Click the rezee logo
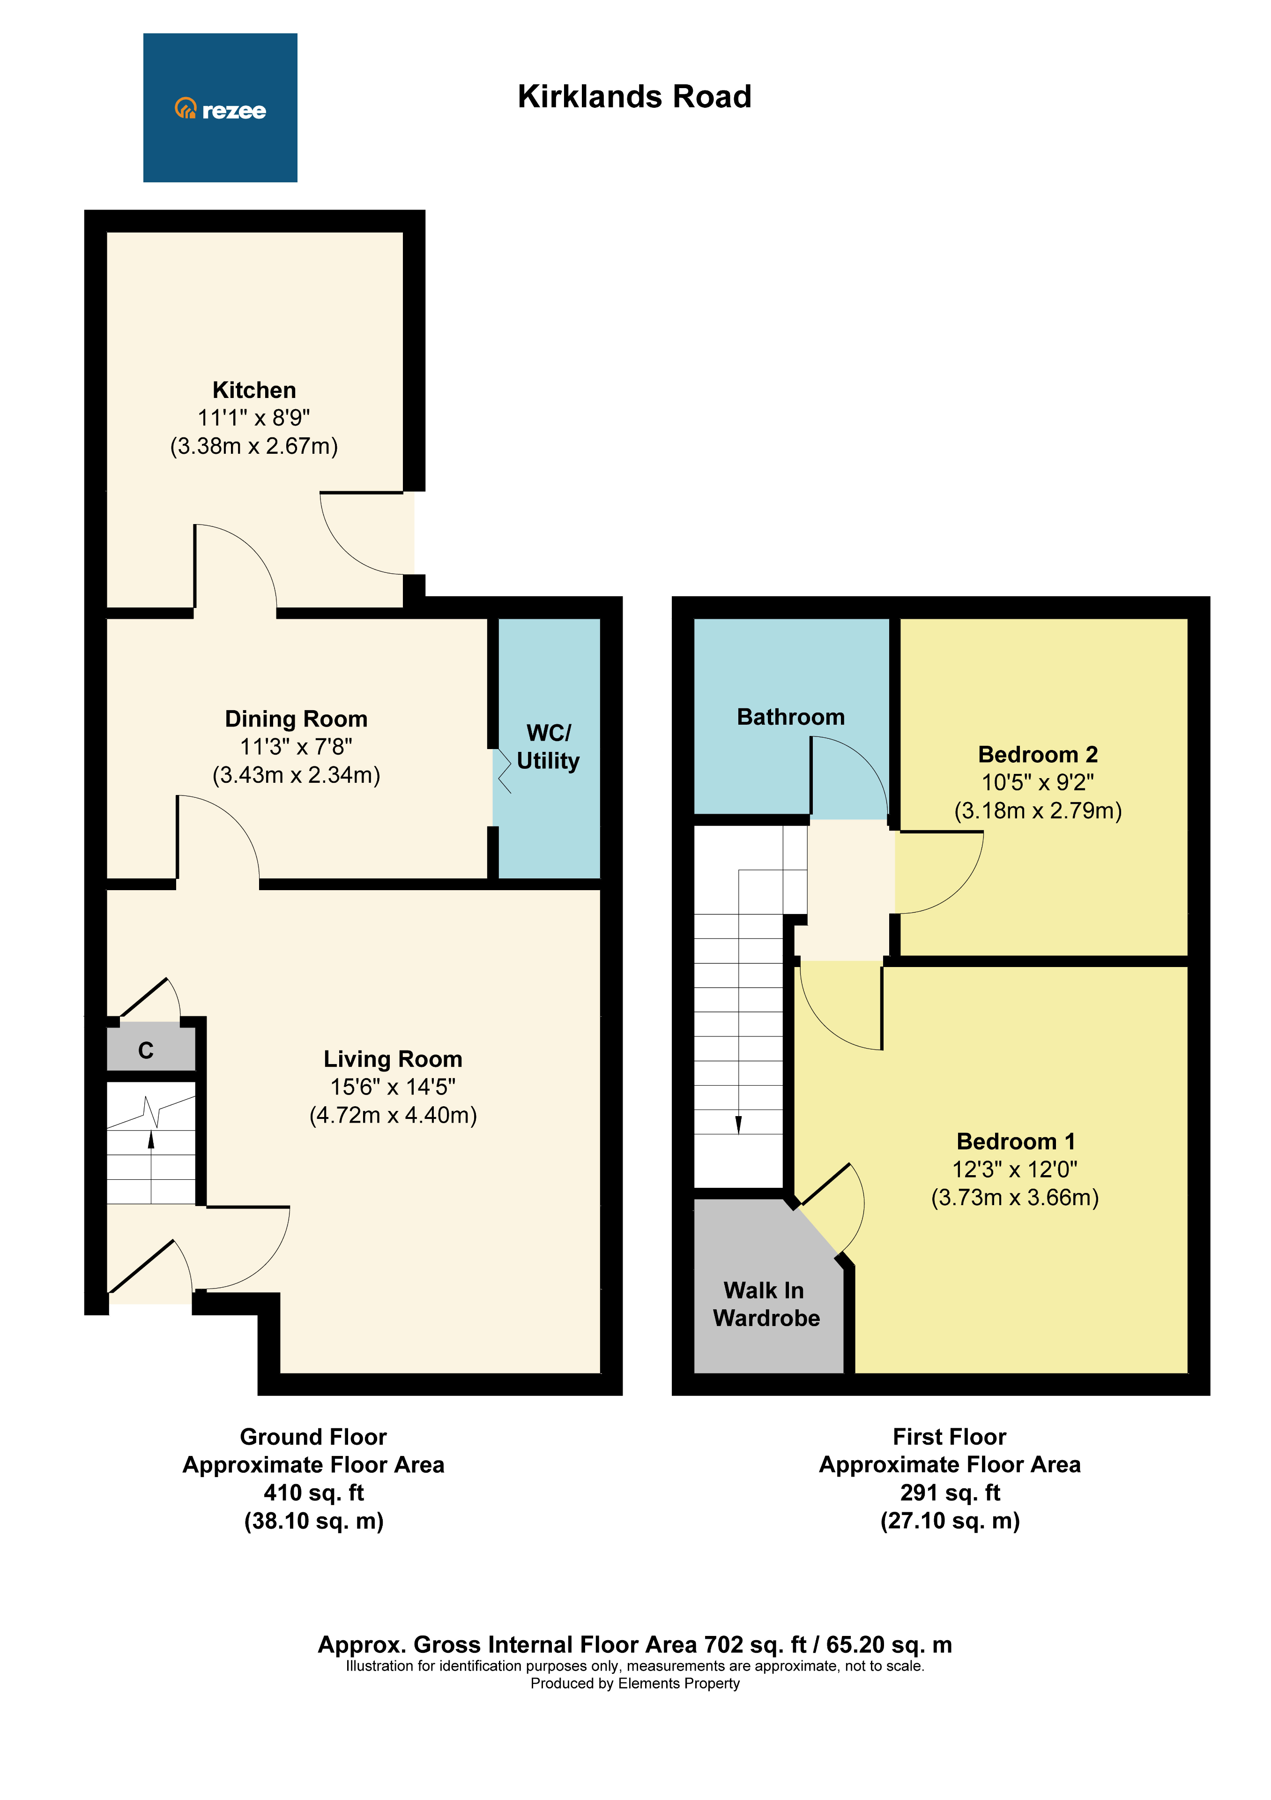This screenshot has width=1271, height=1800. (220, 109)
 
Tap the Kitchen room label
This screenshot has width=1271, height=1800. (254, 390)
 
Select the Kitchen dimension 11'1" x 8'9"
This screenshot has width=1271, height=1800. (254, 418)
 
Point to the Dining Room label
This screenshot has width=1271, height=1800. (296, 718)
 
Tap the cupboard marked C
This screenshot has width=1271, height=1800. (146, 1050)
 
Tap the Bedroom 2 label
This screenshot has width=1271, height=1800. (1038, 754)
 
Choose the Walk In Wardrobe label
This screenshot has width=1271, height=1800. (766, 1304)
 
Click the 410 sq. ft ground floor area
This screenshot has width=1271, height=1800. (313, 1492)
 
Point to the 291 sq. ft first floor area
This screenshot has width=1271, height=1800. (950, 1492)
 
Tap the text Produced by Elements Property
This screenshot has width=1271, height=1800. (635, 1683)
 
